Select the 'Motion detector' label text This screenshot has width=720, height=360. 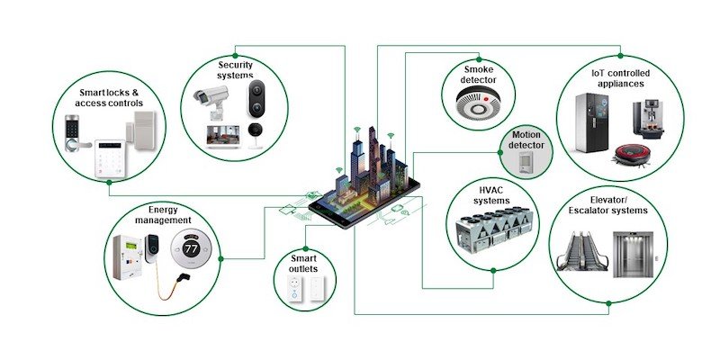(x=527, y=139)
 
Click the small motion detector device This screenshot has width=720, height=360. (x=526, y=163)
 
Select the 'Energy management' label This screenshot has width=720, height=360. (x=163, y=213)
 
